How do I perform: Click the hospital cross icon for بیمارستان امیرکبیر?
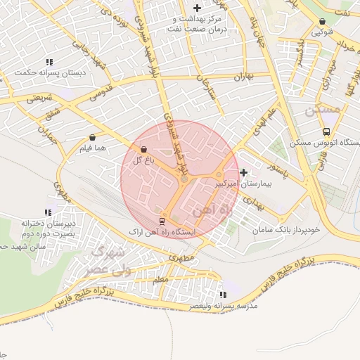[x=243, y=172]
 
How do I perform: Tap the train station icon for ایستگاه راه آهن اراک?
[x=162, y=221]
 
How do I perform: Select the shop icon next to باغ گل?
[x=144, y=149]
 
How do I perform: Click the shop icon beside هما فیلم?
[x=93, y=139]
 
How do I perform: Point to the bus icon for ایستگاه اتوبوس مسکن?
[x=326, y=131]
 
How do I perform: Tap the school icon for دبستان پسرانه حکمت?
[x=48, y=61]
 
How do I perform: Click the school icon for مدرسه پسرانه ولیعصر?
[x=223, y=295]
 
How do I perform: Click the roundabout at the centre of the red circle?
[x=184, y=180]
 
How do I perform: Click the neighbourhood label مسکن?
[x=323, y=110]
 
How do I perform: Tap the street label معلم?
[x=160, y=280]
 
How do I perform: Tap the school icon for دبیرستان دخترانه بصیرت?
[x=48, y=212]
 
